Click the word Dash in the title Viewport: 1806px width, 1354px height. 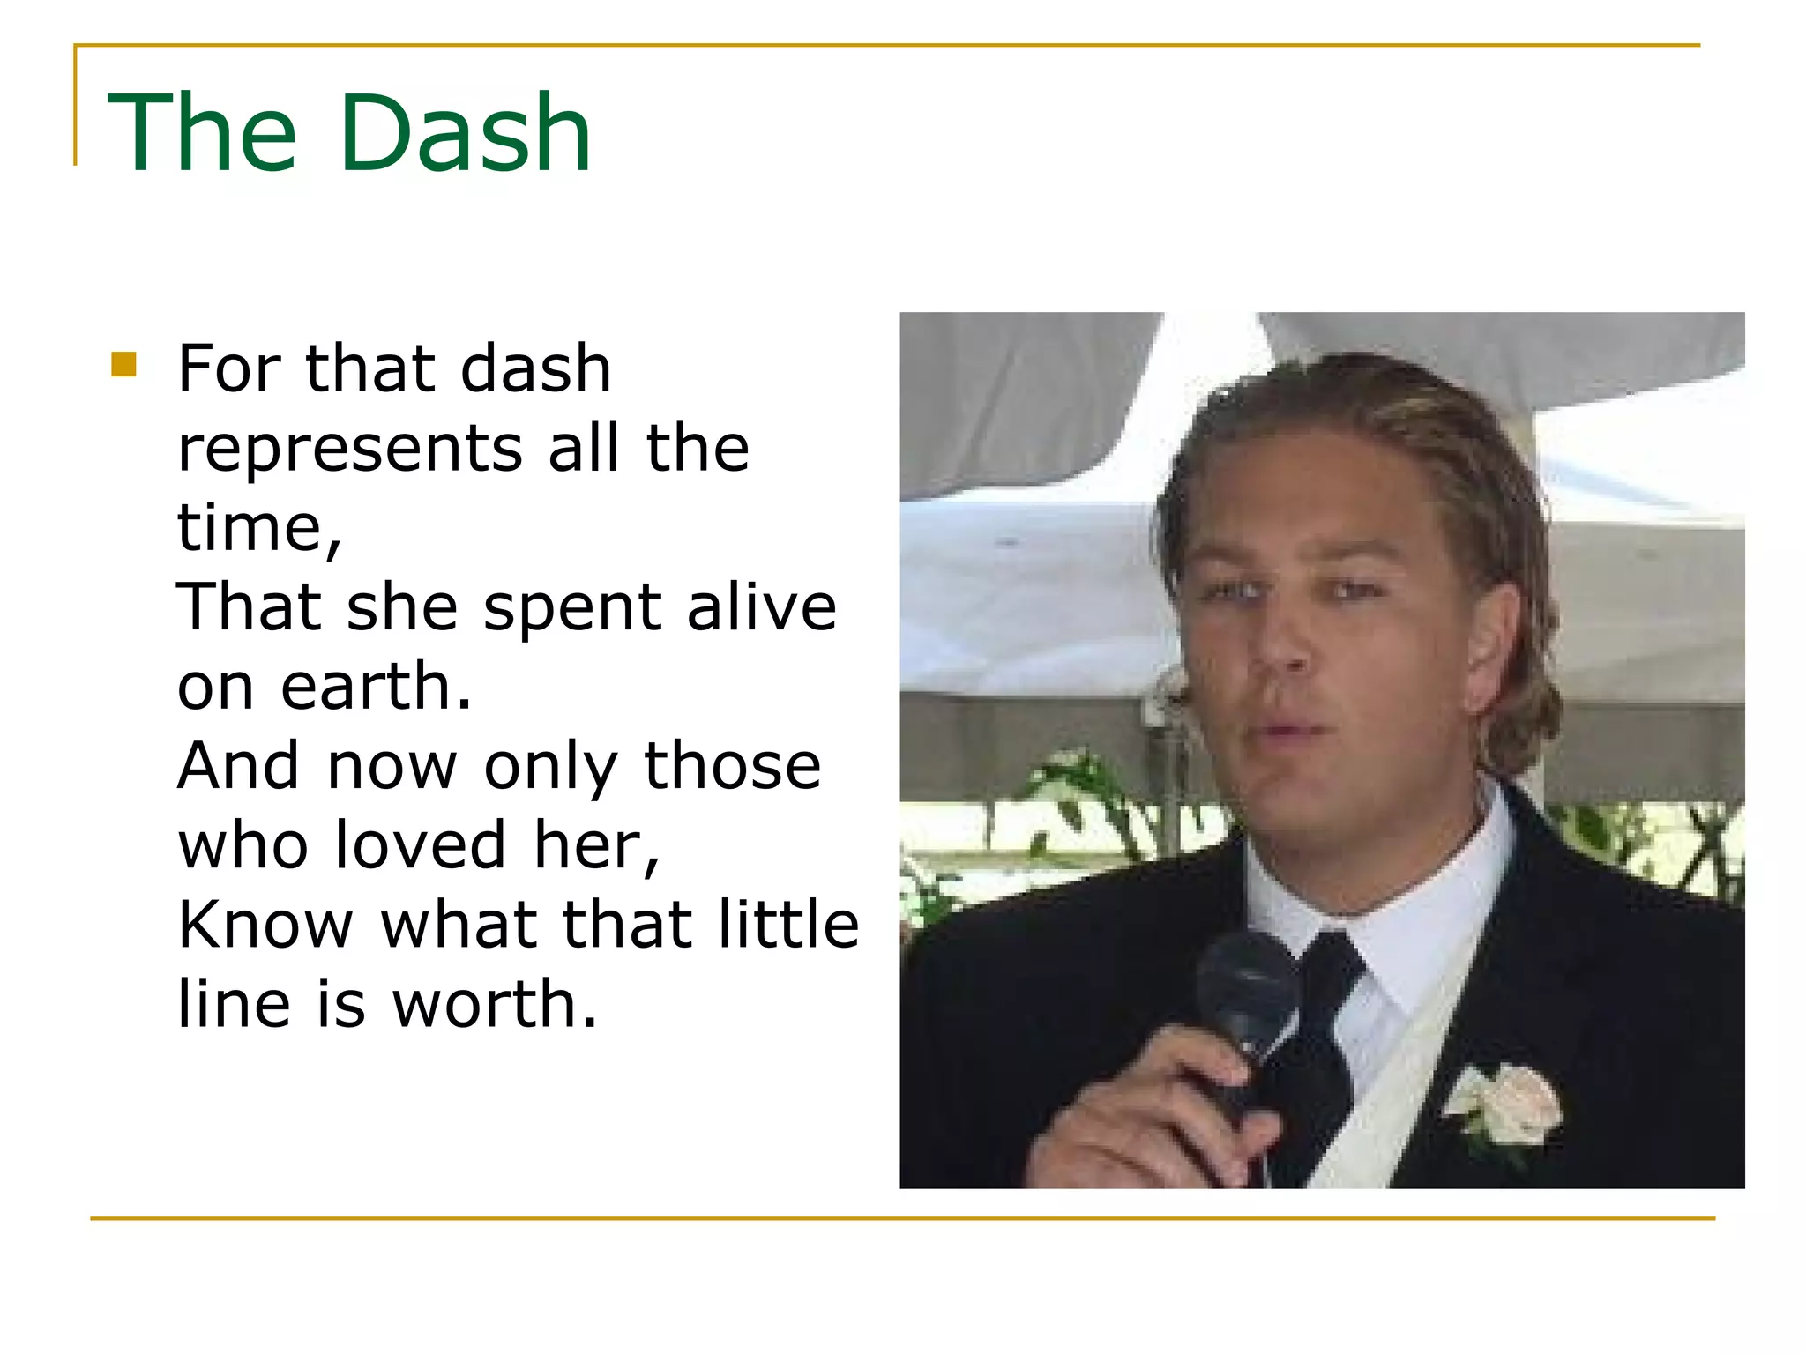pyautogui.click(x=465, y=134)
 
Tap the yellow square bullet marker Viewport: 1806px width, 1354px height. pyautogui.click(x=124, y=364)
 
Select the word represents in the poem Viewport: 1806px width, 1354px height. pyautogui.click(x=350, y=450)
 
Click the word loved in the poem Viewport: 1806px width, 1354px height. pyautogui.click(x=421, y=844)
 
